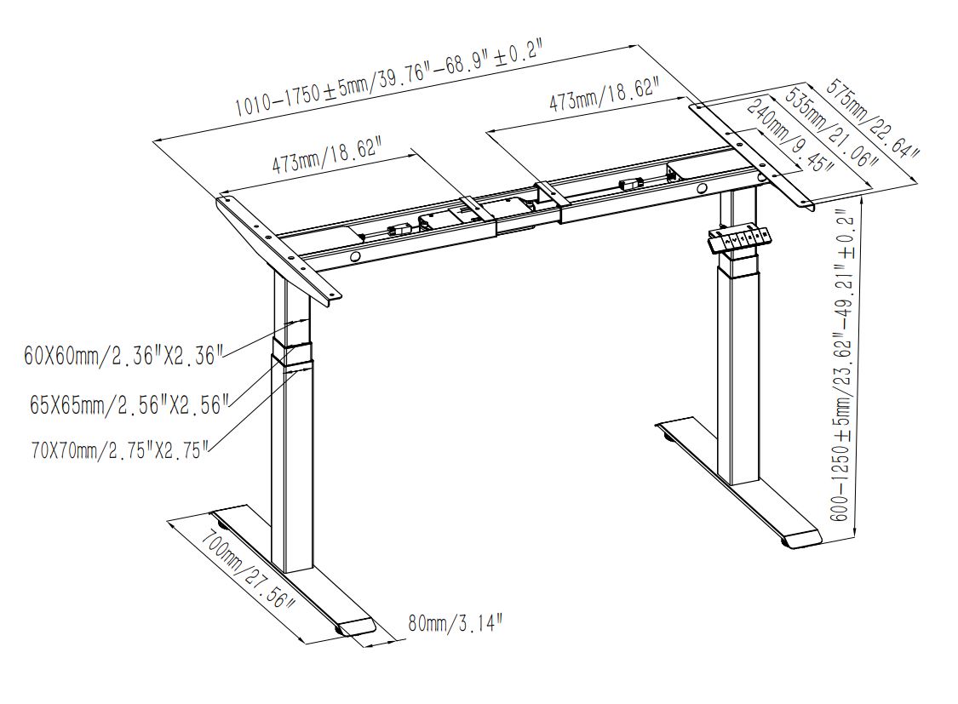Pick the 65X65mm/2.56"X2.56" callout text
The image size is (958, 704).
pos(129,404)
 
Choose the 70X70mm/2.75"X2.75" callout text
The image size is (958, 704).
pos(121,449)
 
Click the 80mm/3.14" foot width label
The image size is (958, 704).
pos(456,623)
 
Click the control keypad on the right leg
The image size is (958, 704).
pos(738,238)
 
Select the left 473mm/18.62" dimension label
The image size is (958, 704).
pos(328,157)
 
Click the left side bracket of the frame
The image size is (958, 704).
pos(278,246)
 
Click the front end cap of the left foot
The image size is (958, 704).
pos(357,627)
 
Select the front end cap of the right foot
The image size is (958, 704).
pos(802,539)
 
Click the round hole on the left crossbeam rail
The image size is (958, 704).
pos(354,258)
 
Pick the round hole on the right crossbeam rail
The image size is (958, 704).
pos(703,189)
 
